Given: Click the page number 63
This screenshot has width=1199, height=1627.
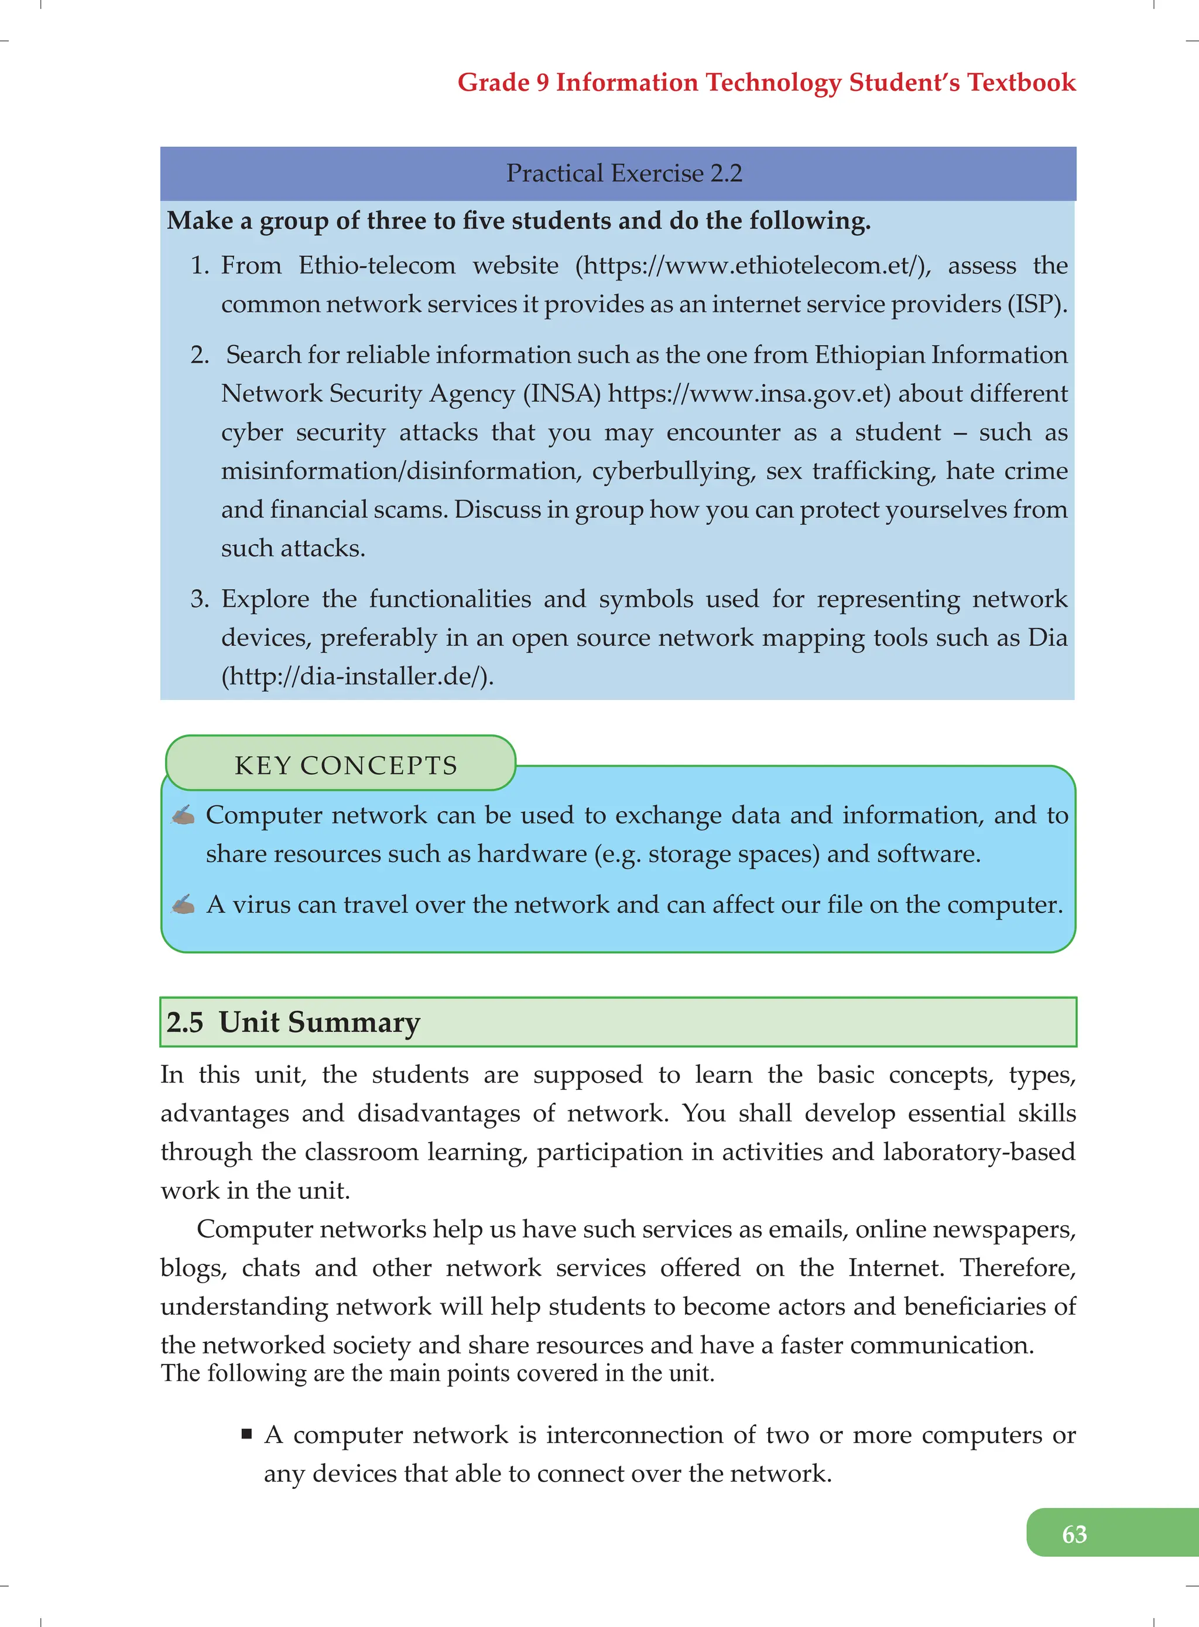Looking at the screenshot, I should point(1074,1533).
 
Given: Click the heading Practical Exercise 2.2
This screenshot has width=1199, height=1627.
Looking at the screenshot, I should point(624,173).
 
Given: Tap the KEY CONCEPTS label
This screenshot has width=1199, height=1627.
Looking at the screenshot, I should point(345,765).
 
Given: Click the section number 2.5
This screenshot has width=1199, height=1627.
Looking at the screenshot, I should point(184,1022).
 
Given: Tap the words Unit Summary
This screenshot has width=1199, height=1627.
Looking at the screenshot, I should point(319,1022).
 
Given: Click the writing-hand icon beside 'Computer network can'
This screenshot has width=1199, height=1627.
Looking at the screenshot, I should point(183,815).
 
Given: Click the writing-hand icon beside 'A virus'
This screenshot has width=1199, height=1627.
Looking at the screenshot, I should point(183,905).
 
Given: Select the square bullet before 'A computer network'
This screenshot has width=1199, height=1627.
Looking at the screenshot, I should point(247,1434).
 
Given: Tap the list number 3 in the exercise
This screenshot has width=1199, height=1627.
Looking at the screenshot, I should point(199,599).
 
